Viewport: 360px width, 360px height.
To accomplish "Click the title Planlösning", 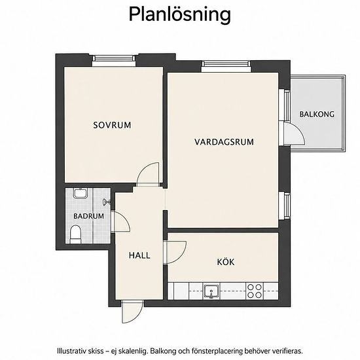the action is (x=180, y=15).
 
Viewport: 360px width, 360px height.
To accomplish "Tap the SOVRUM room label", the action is (x=112, y=125).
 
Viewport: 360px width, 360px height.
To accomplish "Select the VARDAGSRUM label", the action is (x=224, y=142).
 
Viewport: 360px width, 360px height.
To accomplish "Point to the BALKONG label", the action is (x=317, y=114).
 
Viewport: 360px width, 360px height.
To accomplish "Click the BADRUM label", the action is (x=88, y=216).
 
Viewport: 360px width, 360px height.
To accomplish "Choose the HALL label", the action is (x=139, y=255).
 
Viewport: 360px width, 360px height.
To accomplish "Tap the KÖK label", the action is (x=226, y=262).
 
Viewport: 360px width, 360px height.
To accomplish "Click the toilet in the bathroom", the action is (x=75, y=234).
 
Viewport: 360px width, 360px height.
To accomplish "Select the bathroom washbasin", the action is (x=80, y=193).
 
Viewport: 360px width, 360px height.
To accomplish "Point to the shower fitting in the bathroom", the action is (x=107, y=202).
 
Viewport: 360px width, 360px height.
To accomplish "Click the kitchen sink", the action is (x=211, y=291).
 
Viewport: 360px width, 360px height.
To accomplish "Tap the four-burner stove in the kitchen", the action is (x=255, y=291).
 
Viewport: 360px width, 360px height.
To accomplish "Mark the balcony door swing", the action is (x=295, y=134).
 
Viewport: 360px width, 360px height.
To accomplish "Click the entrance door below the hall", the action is (x=132, y=312).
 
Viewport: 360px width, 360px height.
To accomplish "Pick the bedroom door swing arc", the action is (x=148, y=173).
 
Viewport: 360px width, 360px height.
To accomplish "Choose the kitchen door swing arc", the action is (x=175, y=252).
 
